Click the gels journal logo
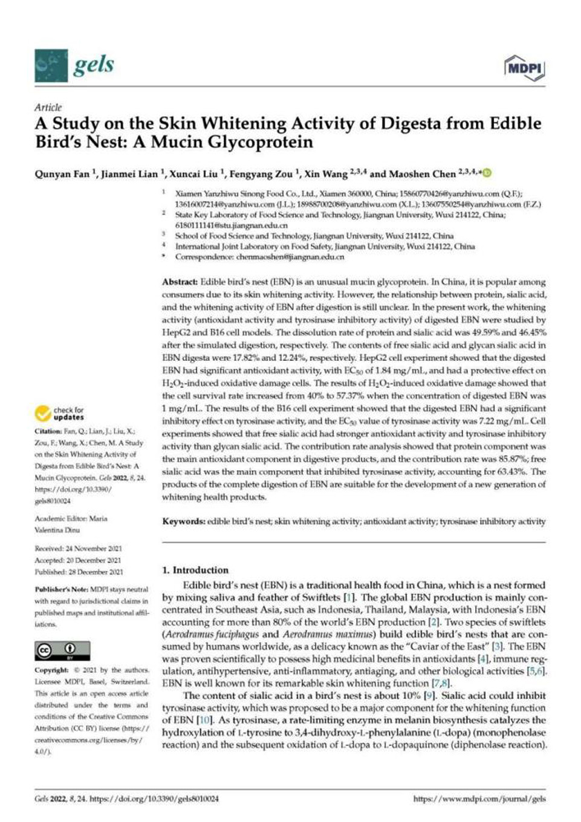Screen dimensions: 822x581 point(74,65)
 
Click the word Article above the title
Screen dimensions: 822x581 point(48,107)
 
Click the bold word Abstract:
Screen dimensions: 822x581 point(180,282)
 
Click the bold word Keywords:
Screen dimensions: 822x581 point(183,521)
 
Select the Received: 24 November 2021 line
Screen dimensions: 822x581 point(78,549)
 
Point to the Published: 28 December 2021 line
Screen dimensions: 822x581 point(79,572)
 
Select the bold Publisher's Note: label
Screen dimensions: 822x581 point(61,589)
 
